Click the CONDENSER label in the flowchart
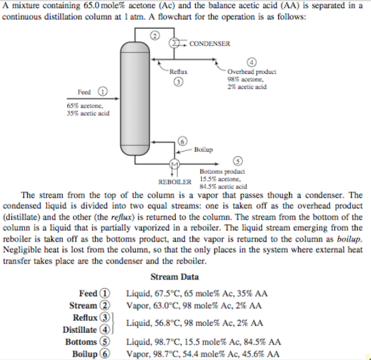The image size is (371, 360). [210, 43]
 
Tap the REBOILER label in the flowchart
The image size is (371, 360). [174, 181]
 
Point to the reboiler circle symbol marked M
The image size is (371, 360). [175, 164]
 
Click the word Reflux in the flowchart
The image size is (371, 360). [178, 71]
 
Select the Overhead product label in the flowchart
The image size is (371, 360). [246, 72]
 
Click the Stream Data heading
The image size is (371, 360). [175, 277]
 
